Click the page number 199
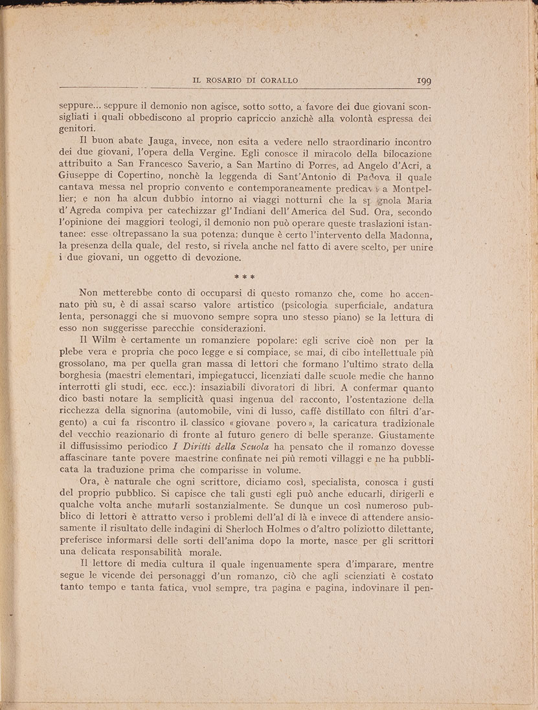tap(424, 81)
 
